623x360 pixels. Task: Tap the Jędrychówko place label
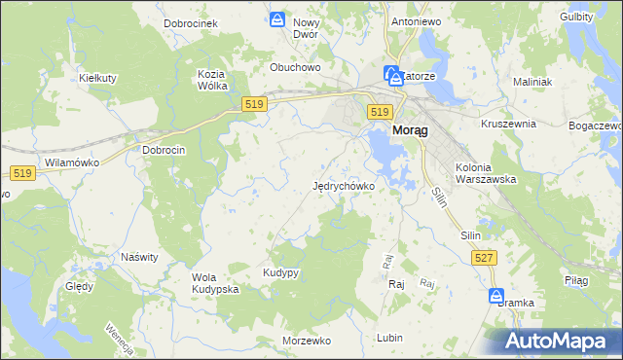pos(344,186)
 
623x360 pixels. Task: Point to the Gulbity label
pos(577,17)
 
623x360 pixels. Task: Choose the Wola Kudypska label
pos(215,283)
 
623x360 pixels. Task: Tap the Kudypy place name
pos(280,273)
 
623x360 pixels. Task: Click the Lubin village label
pos(388,338)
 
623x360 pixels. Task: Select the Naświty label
pos(139,257)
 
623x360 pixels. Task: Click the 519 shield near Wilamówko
pos(23,173)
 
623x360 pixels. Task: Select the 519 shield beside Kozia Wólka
pos(255,104)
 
